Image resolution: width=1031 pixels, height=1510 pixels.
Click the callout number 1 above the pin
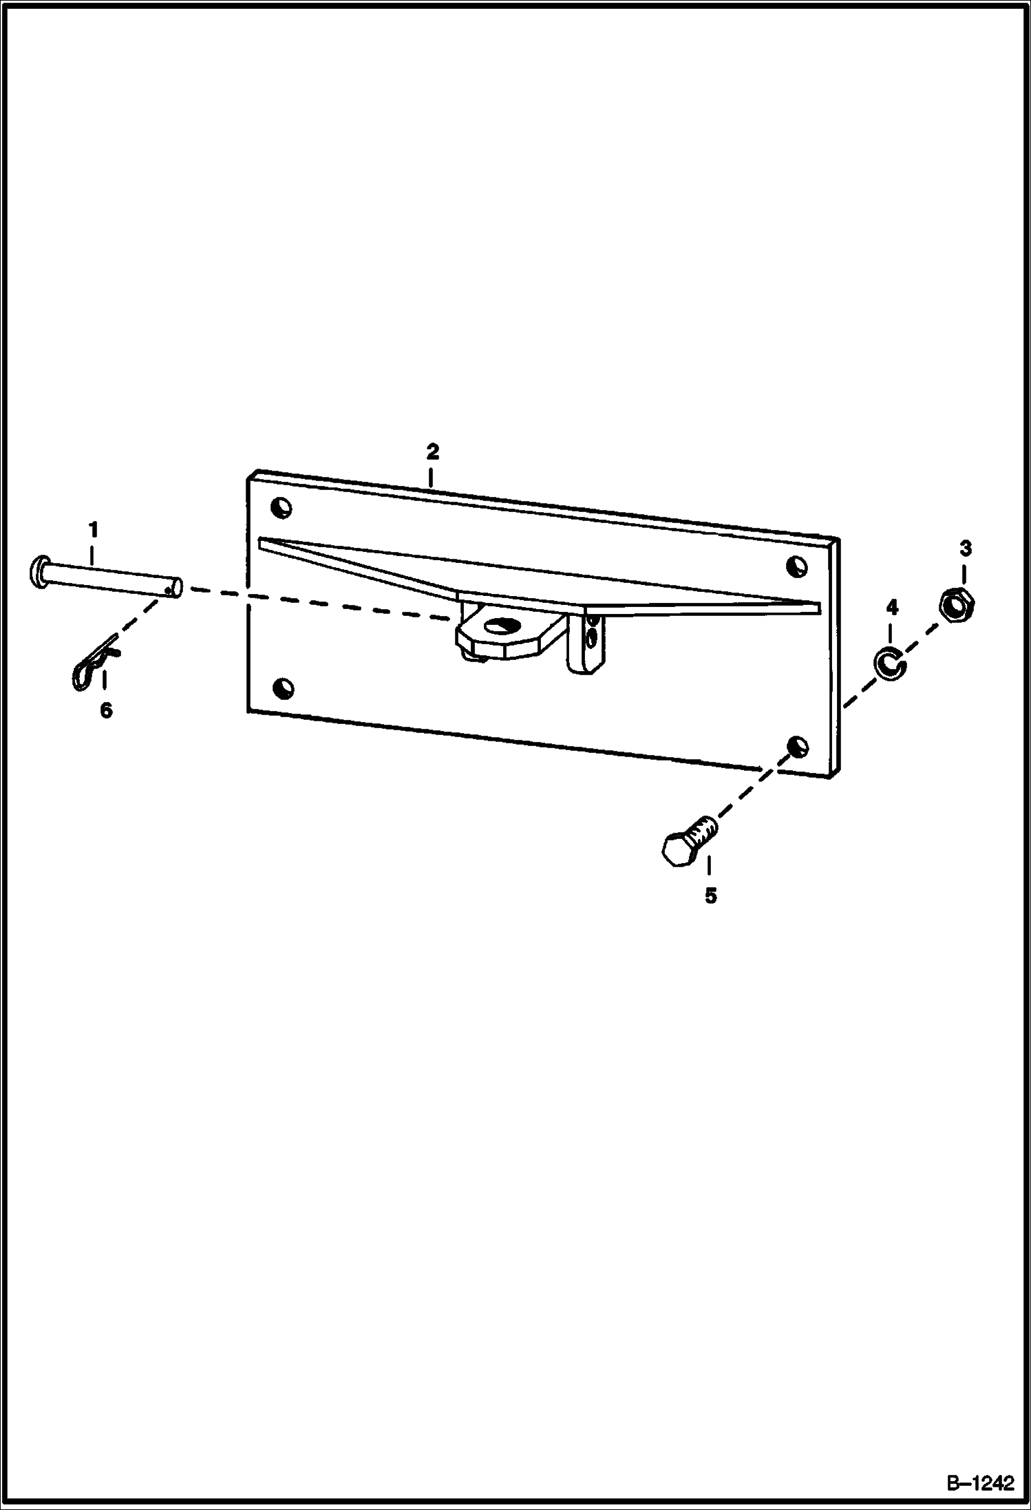click(x=93, y=530)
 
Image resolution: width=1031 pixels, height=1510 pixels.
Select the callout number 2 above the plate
click(x=432, y=452)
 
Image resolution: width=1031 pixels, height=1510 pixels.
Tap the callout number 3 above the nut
click(x=965, y=549)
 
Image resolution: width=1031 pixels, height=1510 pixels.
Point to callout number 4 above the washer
click(x=891, y=607)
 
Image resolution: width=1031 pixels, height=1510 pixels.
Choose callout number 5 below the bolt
click(x=710, y=895)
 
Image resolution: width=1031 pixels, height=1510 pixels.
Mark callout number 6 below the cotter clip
click(x=106, y=710)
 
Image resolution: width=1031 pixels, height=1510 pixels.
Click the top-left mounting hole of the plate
click(x=281, y=508)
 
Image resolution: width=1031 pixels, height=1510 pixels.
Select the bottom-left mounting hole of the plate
click(x=283, y=687)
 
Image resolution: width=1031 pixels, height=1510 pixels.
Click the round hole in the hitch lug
click(x=501, y=626)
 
